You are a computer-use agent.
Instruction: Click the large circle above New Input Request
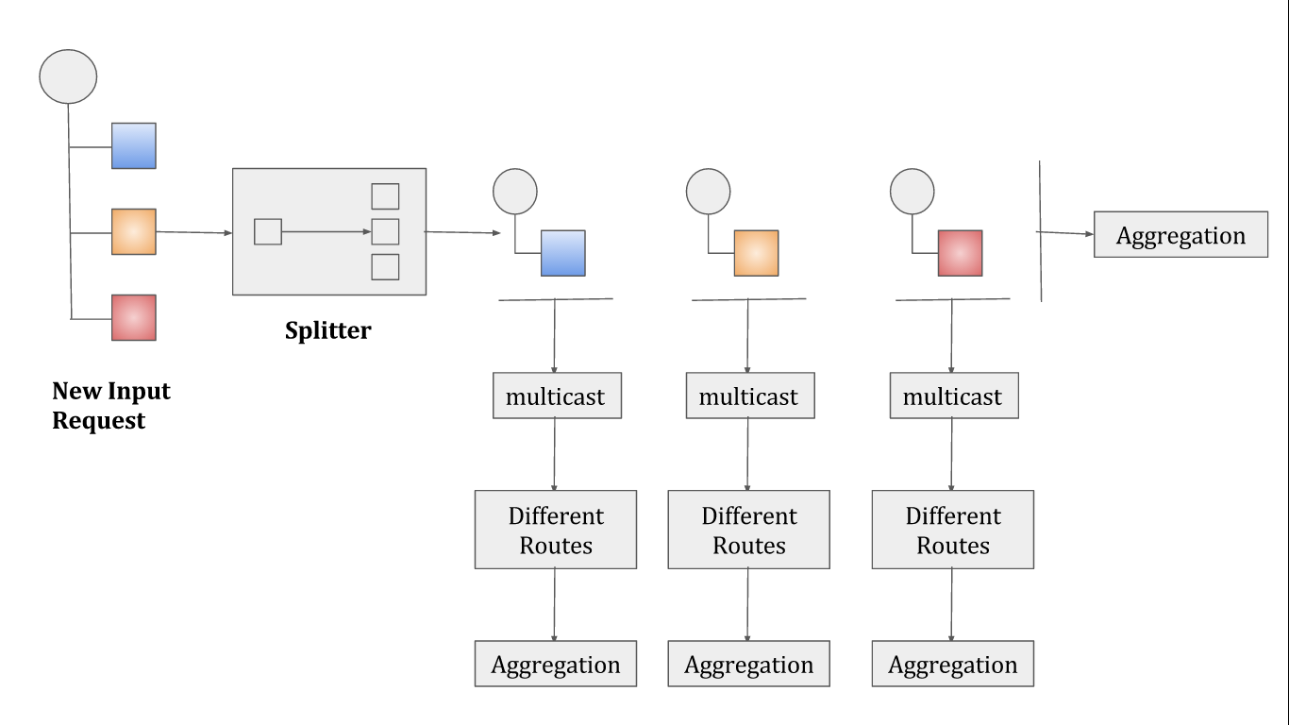click(68, 76)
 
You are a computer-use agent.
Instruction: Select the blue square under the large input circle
click(133, 145)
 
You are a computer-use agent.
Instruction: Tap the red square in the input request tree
click(133, 318)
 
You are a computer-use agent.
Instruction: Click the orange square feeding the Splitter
click(133, 231)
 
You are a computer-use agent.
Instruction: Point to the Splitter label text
click(328, 330)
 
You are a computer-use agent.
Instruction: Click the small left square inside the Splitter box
click(268, 231)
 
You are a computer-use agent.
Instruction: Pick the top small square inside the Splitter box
click(386, 196)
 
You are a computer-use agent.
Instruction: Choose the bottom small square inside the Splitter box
click(386, 267)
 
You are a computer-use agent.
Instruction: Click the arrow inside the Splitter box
click(326, 231)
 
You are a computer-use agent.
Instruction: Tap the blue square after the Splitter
click(563, 253)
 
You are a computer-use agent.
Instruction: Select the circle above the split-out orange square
click(709, 192)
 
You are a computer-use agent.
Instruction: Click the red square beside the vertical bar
click(961, 253)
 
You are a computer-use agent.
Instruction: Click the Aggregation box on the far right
click(1180, 234)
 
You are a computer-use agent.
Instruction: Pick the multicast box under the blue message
click(557, 396)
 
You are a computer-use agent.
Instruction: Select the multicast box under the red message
click(954, 396)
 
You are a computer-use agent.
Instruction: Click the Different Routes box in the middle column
click(748, 530)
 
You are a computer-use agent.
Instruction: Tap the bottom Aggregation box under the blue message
click(556, 664)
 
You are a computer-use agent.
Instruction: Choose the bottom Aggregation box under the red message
click(953, 664)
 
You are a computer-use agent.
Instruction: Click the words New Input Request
click(111, 405)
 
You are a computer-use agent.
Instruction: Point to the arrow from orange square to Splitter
click(194, 232)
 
